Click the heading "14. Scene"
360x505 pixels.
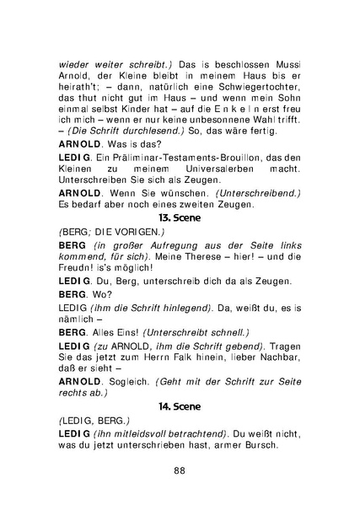click(x=179, y=406)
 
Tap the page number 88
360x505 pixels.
click(x=179, y=470)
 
